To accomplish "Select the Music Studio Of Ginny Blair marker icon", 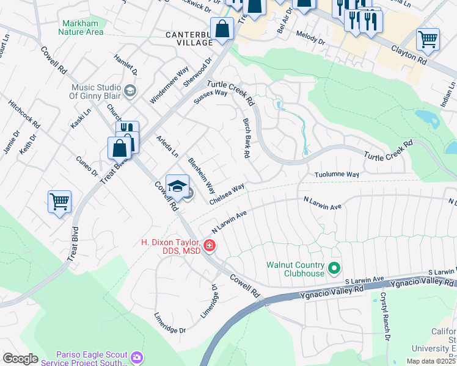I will coord(129,91).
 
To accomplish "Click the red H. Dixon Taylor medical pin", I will coord(210,246).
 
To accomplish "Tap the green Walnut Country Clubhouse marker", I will coord(334,267).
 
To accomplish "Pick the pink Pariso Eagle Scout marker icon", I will coord(136,357).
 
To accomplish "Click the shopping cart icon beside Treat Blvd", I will coord(59,201).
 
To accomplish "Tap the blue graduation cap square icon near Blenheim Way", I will coord(177,186).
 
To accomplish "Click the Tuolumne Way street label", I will coord(337,174).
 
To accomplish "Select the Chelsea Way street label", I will coord(227,193).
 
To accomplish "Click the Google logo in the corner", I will coord(20,359).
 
